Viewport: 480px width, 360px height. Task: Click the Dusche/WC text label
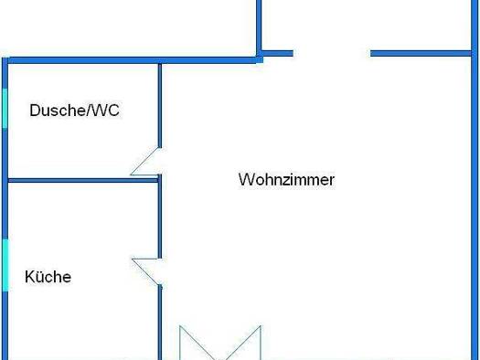[75, 111]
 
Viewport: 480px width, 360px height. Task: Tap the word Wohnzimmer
[286, 179]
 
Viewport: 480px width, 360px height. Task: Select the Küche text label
[48, 277]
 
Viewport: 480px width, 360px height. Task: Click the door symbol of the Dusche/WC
[147, 162]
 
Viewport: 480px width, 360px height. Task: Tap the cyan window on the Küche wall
[5, 265]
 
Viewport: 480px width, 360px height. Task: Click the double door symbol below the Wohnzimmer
[219, 343]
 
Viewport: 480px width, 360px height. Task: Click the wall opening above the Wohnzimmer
[331, 53]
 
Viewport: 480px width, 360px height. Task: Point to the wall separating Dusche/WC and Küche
[82, 180]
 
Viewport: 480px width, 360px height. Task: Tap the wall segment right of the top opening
[421, 53]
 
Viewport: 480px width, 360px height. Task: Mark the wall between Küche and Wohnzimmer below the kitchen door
[160, 320]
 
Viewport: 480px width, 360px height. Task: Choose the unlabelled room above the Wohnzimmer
[366, 23]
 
